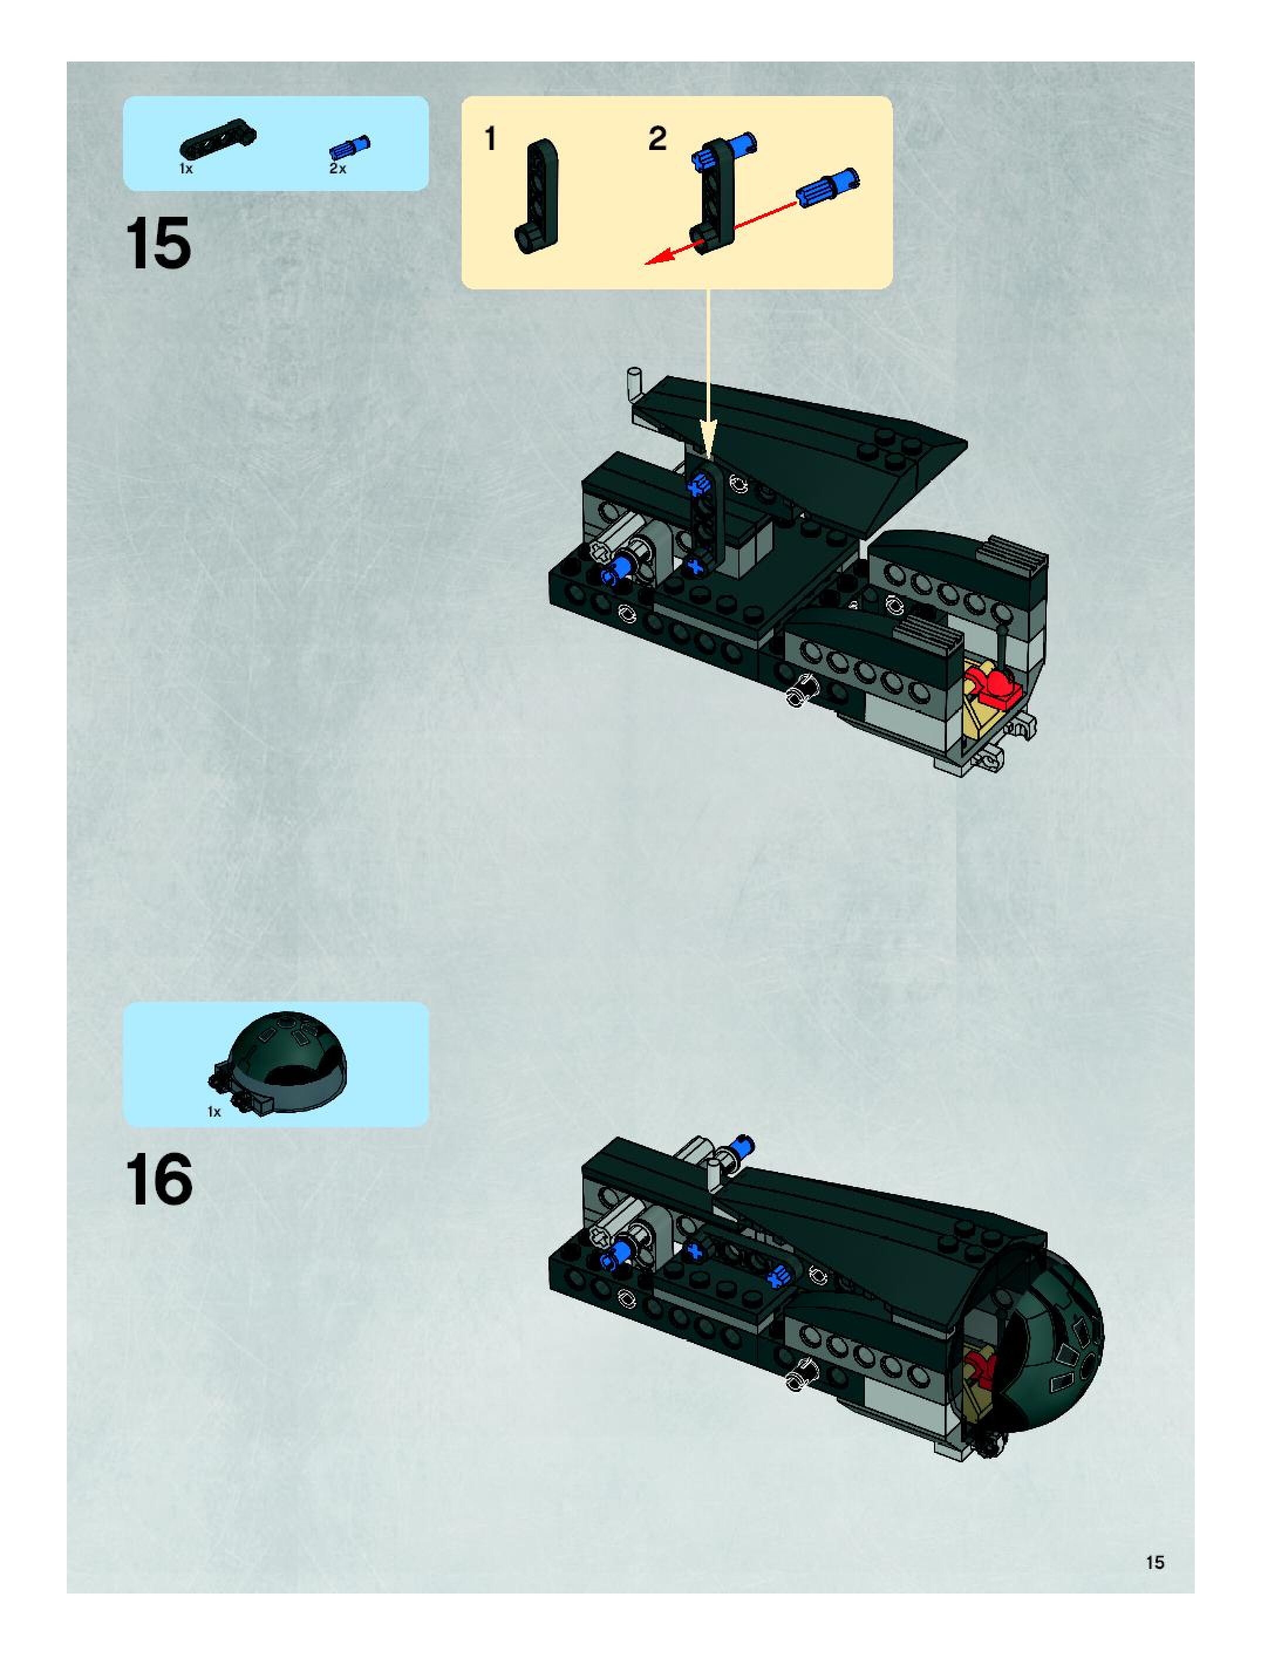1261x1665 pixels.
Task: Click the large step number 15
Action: coord(158,243)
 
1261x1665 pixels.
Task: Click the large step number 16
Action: coord(159,1180)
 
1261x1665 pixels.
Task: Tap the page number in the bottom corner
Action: coord(1155,1562)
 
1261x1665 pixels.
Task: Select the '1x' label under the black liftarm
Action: coord(186,169)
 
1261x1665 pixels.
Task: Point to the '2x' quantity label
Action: coord(338,169)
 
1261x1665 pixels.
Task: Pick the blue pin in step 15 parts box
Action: coord(350,147)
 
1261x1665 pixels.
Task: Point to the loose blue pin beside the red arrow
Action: coord(827,187)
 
